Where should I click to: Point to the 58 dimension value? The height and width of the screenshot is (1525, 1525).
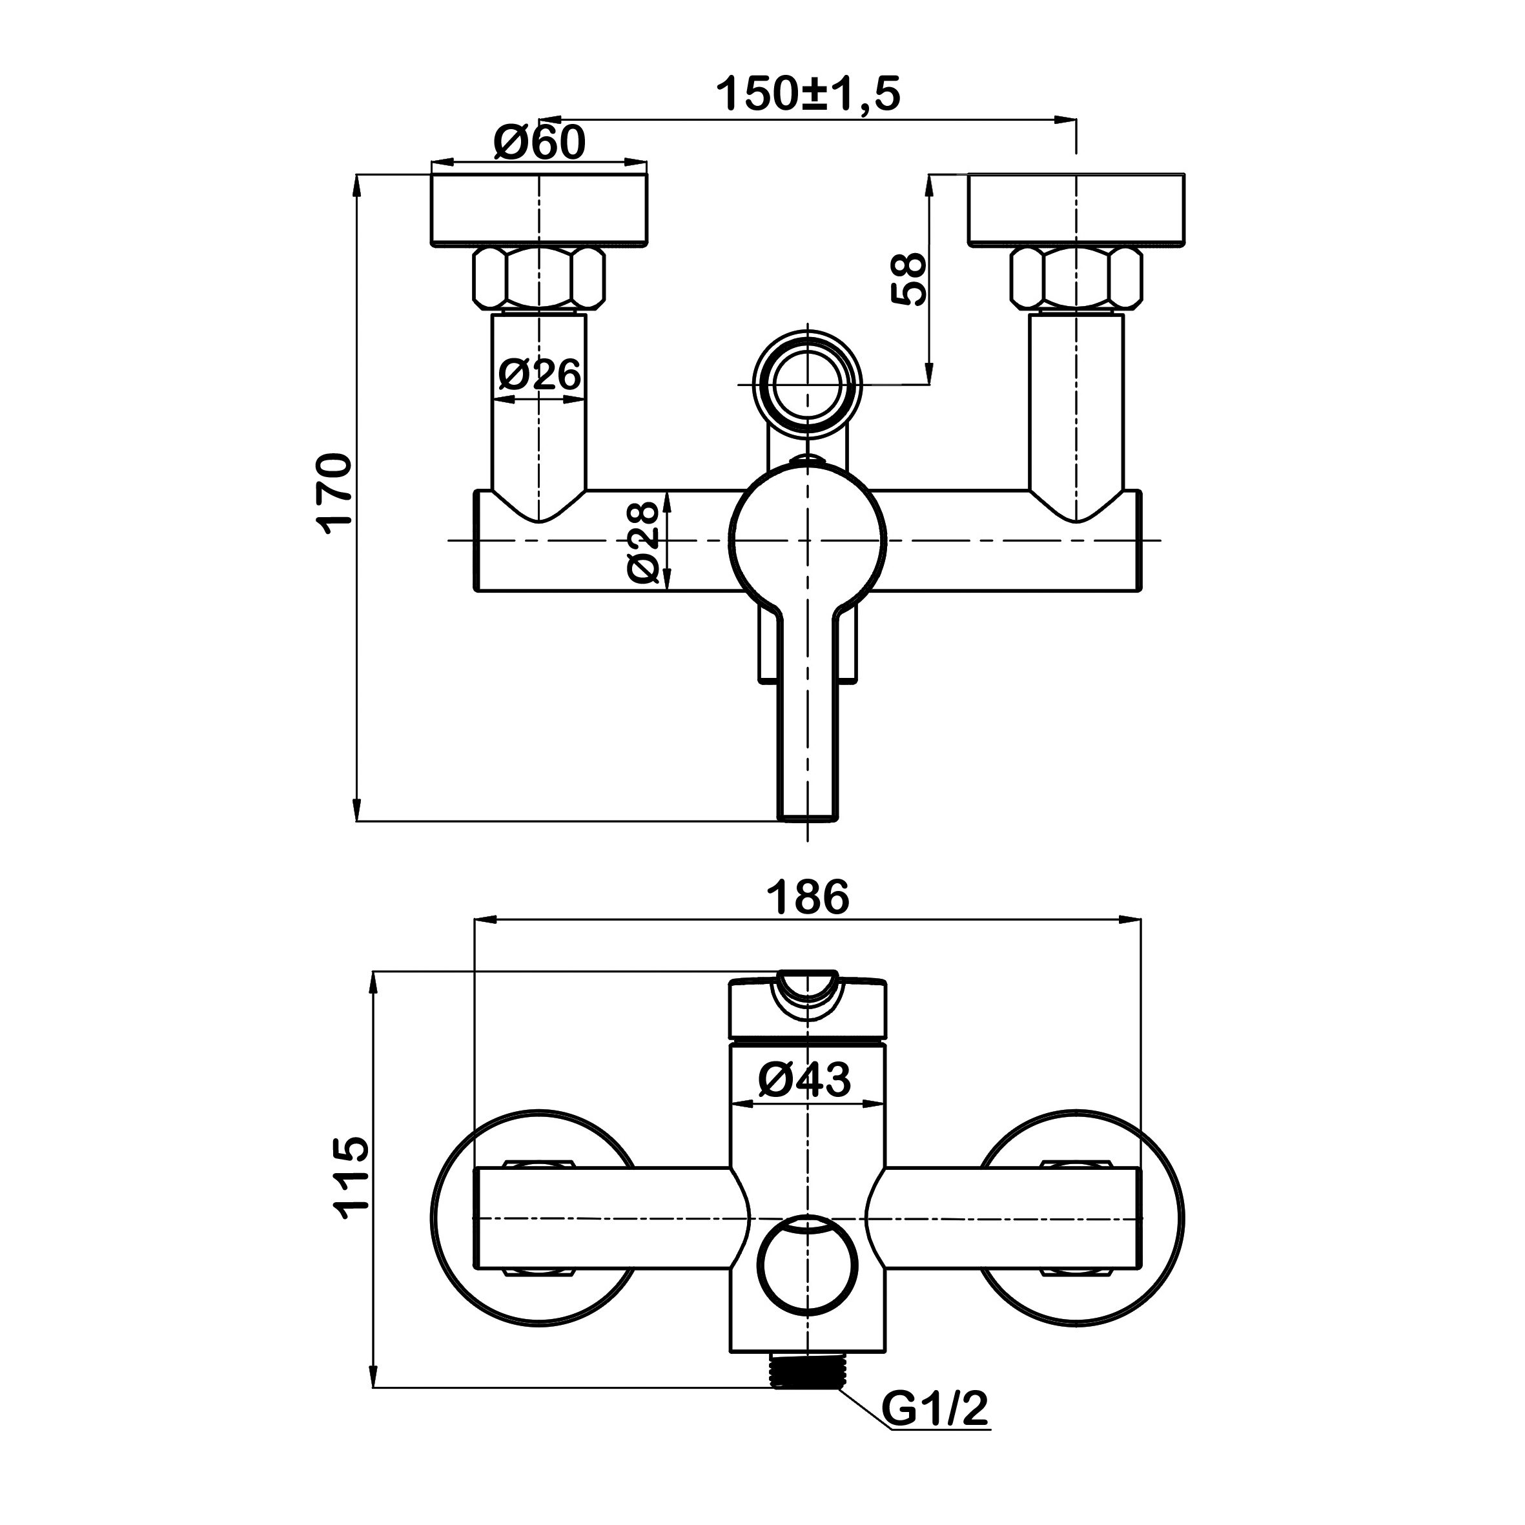908,279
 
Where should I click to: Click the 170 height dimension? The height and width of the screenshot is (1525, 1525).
334,493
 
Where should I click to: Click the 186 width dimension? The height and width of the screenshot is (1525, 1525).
808,897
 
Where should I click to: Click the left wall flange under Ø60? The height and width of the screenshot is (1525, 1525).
539,209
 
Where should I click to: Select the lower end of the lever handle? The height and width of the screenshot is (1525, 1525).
808,797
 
